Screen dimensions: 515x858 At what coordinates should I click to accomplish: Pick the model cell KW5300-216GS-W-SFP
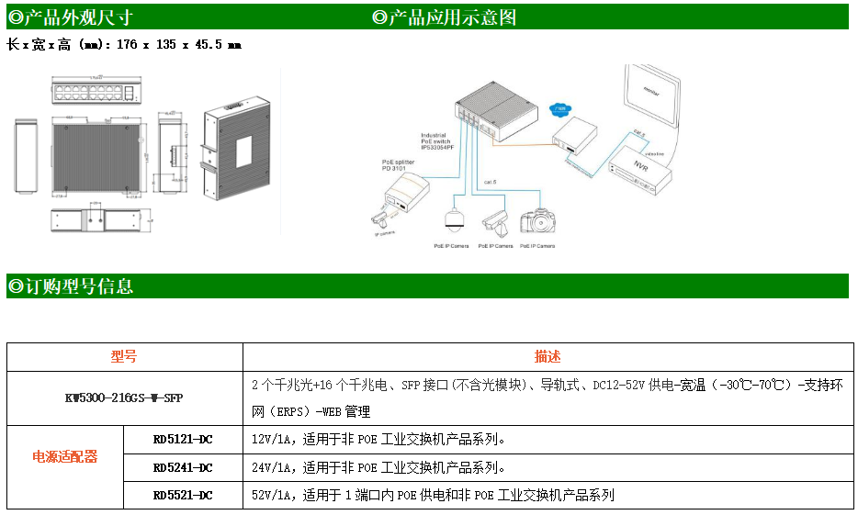coord(125,398)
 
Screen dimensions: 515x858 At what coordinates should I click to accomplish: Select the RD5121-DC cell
coord(183,439)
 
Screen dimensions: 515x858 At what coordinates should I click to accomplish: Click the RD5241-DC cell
coord(183,467)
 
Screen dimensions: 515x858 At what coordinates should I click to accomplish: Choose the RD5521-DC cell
coord(183,495)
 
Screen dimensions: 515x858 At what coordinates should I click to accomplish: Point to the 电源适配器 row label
coord(65,456)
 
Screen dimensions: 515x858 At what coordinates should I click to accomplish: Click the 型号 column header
coord(124,357)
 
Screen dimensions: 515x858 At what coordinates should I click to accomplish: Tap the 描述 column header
coord(548,357)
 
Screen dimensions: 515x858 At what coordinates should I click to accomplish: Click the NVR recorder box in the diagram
coord(640,171)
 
